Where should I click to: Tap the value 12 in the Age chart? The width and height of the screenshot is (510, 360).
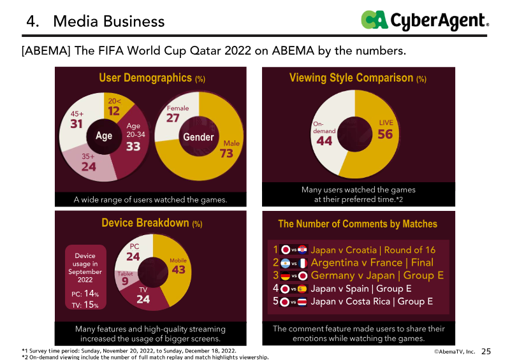(113, 110)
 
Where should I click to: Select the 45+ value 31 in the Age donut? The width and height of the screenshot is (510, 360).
(76, 124)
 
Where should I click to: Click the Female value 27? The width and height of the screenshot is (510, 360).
(173, 118)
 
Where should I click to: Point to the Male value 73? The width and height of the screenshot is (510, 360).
(227, 154)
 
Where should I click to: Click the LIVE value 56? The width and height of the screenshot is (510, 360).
(385, 134)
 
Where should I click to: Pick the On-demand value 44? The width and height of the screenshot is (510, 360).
(324, 141)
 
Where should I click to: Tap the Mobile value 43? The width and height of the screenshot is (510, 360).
(178, 270)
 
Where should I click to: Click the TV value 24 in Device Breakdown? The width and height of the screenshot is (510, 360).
(143, 298)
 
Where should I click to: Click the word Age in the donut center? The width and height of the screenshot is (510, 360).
(104, 136)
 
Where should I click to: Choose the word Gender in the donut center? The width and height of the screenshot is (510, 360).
(198, 137)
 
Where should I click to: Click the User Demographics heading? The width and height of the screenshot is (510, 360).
(152, 78)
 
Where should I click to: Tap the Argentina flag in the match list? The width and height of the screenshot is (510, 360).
(286, 263)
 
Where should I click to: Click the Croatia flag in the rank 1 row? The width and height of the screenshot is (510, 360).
(302, 250)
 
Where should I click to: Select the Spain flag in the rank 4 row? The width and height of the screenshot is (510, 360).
(302, 289)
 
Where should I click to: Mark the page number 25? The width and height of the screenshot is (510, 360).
(486, 351)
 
